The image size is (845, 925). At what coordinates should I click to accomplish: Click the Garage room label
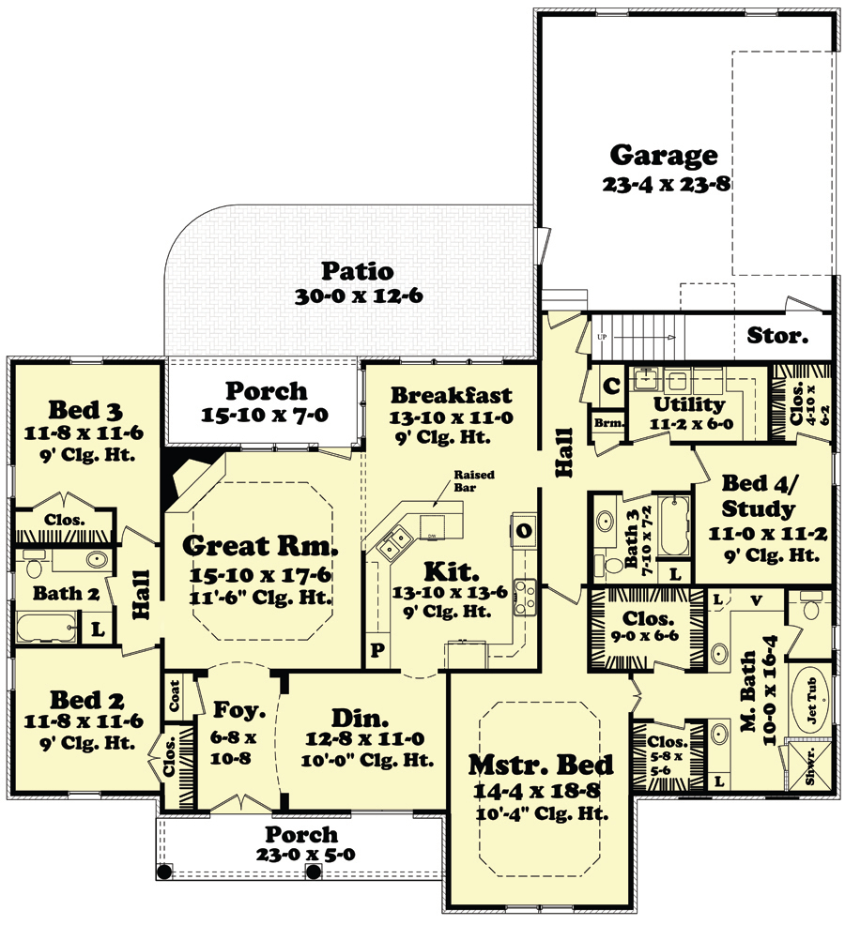click(x=664, y=155)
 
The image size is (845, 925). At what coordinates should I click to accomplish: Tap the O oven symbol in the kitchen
click(x=521, y=530)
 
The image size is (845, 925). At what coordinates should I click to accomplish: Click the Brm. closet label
click(x=604, y=423)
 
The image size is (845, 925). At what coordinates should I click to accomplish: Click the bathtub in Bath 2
click(x=47, y=625)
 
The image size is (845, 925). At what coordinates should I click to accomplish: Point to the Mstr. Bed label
click(x=541, y=764)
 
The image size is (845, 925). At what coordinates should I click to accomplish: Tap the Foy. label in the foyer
click(x=230, y=710)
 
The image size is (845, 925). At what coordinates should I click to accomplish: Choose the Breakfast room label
click(x=452, y=394)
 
